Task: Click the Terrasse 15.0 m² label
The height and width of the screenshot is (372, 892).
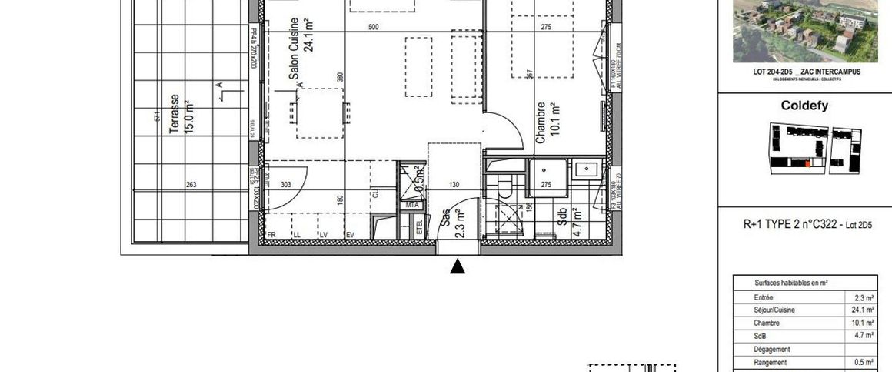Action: click(181, 114)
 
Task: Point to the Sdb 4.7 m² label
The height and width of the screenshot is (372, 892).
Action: click(570, 222)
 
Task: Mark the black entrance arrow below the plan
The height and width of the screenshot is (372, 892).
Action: click(458, 266)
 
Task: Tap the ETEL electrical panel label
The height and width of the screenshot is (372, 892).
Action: click(419, 227)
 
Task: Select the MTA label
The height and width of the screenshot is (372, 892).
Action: click(411, 205)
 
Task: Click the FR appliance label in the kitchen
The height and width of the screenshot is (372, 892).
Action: click(271, 234)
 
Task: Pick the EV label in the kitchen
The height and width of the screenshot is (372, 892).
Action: click(350, 234)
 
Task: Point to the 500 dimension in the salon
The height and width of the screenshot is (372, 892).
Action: click(374, 28)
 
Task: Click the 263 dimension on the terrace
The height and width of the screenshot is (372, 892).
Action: click(191, 185)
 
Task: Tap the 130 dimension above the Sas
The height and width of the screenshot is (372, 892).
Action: click(454, 185)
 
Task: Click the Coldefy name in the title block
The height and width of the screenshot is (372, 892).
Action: click(804, 106)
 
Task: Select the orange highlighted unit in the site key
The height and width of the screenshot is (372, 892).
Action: click(807, 163)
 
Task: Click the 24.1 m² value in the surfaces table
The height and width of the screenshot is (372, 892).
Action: click(864, 310)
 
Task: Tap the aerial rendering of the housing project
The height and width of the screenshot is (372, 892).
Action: click(804, 31)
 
